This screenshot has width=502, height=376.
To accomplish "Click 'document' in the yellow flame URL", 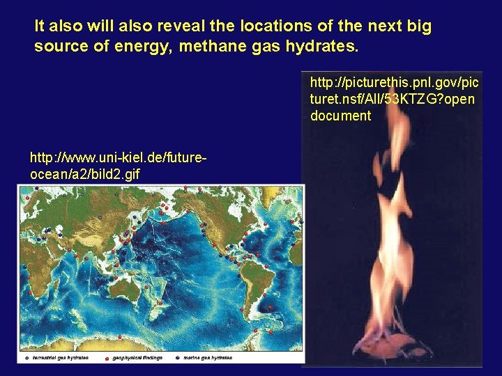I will tap(341, 116).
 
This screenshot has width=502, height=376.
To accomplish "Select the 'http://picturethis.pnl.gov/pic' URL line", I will tap(394, 83).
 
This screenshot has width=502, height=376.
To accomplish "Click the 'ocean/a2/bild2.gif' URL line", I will tap(85, 173).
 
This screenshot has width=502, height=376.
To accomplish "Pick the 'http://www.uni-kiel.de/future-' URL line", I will tap(118, 158).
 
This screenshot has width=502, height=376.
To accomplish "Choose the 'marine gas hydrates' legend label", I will tap(208, 358).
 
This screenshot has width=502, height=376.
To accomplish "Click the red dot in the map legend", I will tap(107, 358).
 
